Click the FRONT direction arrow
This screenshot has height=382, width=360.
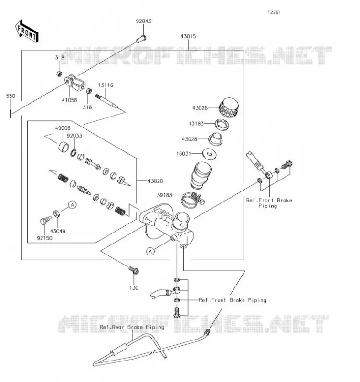point(27,32)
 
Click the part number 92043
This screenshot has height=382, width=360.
point(143,21)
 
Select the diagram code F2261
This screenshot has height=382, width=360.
point(274,12)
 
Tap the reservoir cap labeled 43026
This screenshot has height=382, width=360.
point(229,108)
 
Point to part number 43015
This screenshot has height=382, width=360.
point(188,36)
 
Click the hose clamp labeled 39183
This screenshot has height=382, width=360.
point(193,200)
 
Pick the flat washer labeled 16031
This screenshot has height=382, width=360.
point(210,154)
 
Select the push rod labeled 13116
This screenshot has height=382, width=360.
point(106,101)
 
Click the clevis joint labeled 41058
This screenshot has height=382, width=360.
point(75,83)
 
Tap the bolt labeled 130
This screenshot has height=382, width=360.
point(134,270)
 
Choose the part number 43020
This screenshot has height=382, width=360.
point(155,181)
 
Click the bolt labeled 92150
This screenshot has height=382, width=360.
point(45,220)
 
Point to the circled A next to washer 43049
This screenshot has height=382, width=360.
point(73,205)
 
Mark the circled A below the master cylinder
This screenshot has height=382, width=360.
point(150,251)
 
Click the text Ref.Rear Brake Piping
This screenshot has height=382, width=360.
point(132,327)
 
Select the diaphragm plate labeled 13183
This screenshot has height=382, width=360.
point(222,124)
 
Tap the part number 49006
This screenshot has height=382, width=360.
point(63,128)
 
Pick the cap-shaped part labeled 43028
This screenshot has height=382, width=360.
point(215,139)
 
